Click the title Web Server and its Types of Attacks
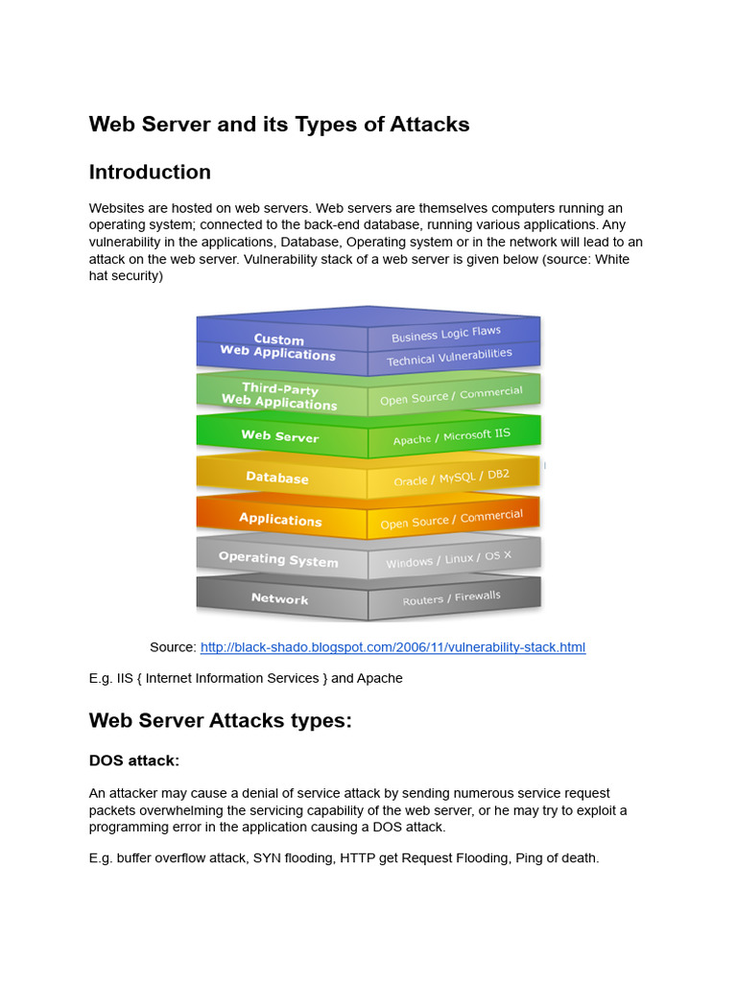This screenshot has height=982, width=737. [x=279, y=125]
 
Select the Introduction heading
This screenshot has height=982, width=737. [x=150, y=173]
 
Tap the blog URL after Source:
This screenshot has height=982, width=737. [x=392, y=647]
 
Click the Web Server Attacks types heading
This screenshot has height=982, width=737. [x=221, y=721]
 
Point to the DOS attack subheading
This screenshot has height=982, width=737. [x=134, y=760]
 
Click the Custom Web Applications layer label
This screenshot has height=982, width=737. [x=278, y=346]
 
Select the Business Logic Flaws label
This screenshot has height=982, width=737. [x=446, y=334]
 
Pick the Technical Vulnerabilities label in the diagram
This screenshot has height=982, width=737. [x=449, y=358]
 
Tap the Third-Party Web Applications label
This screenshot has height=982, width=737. [x=279, y=395]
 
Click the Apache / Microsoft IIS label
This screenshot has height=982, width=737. [x=451, y=437]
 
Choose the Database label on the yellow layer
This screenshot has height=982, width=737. [x=277, y=478]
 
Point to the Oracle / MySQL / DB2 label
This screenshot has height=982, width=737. [x=451, y=478]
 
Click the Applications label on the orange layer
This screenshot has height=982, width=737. [x=280, y=519]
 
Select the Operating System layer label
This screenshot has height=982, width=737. [x=278, y=559]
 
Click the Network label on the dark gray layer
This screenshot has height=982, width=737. [x=279, y=598]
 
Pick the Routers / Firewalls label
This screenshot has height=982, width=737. [x=451, y=598]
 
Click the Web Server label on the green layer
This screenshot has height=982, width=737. [x=279, y=436]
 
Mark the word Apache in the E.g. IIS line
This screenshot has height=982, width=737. [x=380, y=678]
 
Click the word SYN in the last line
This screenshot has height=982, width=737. [x=269, y=858]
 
